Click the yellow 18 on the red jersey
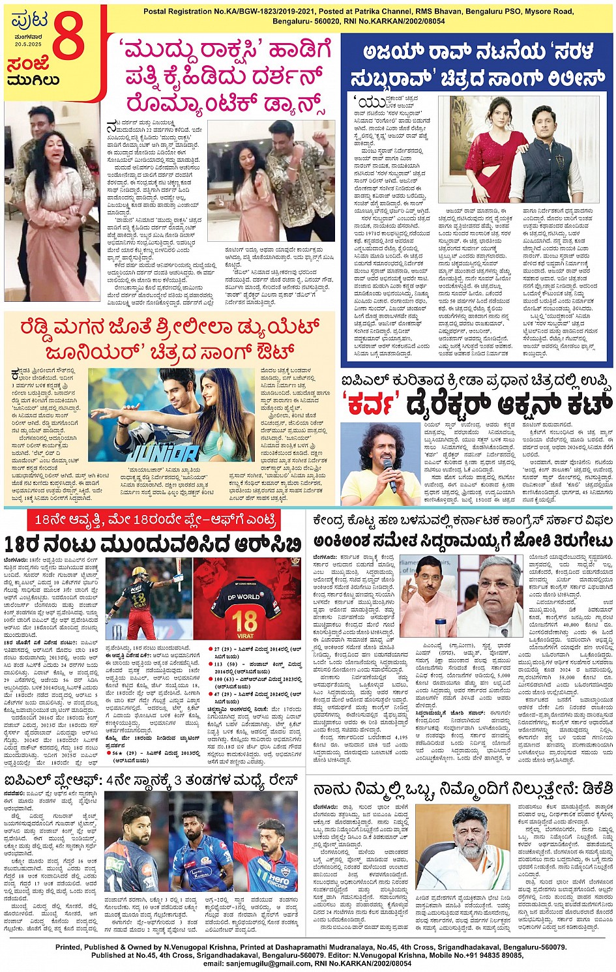click(x=244, y=619)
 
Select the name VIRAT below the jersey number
click(x=244, y=635)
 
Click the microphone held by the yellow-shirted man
click(x=391, y=470)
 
